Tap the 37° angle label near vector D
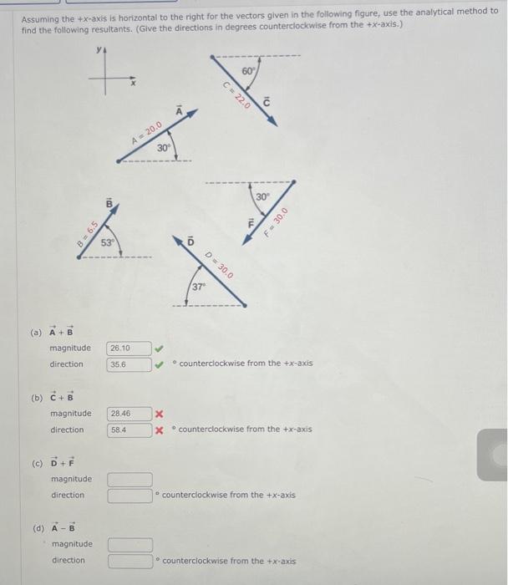click(198, 287)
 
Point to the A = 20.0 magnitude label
click(147, 131)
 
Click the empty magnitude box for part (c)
click(130, 479)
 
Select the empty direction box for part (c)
click(130, 495)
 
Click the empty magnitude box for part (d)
click(130, 544)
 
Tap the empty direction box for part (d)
click(130, 560)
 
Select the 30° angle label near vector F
click(262, 196)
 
